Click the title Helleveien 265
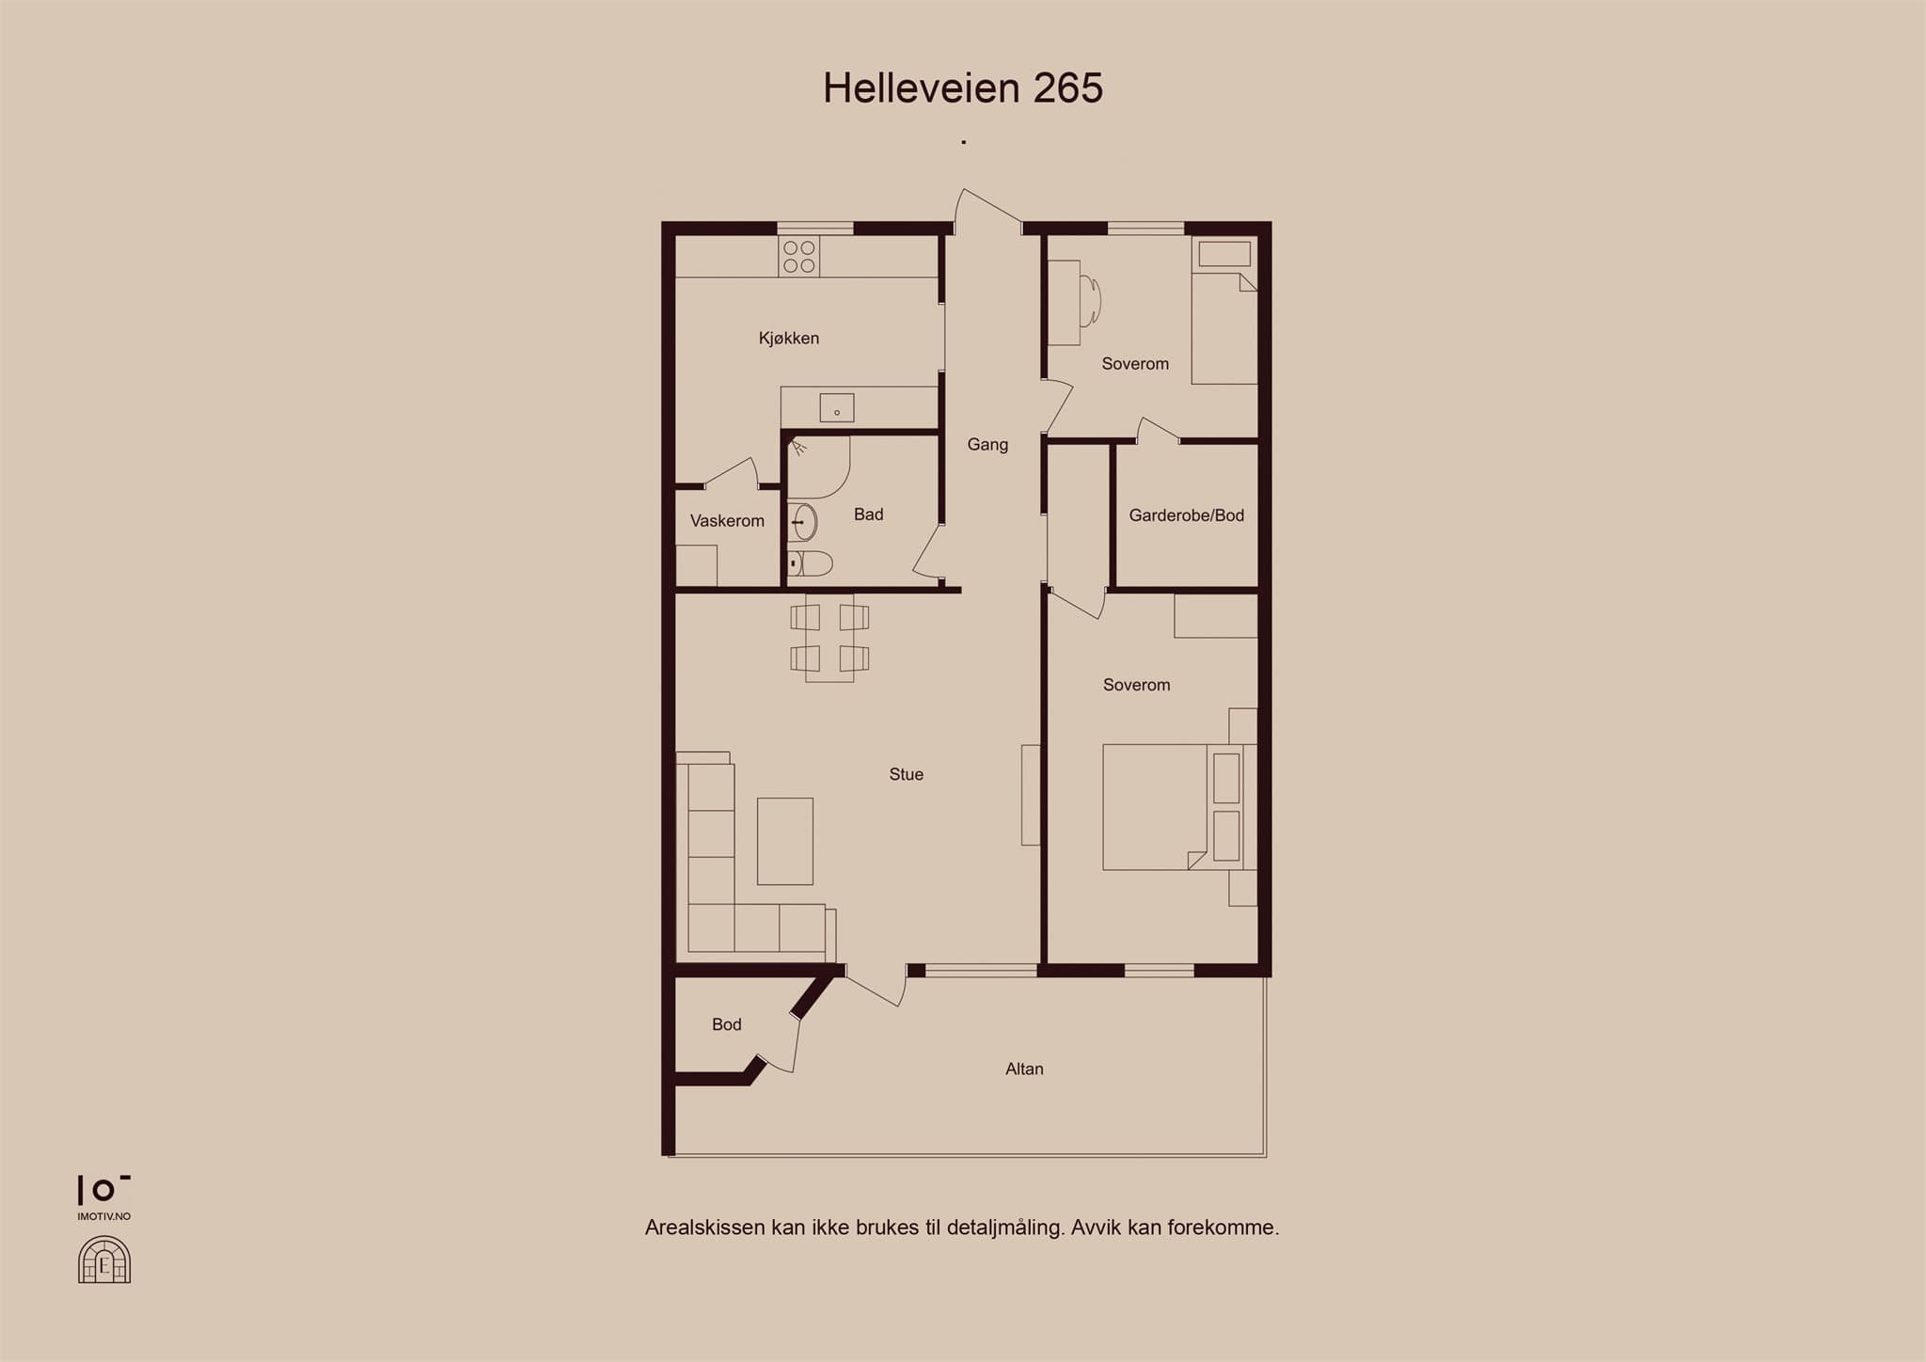coord(963,88)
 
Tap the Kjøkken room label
coord(789,339)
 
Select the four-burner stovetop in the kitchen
coord(799,256)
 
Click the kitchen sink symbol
coord(837,408)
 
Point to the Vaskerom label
coord(727,521)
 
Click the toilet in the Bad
coord(810,563)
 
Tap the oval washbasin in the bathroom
coord(802,522)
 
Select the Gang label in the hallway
coord(987,445)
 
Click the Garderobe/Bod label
coord(1187,515)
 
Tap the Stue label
coord(907,774)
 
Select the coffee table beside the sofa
coord(785,841)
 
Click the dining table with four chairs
coord(829,637)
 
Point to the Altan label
coord(1024,1069)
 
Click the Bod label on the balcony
coord(727,1024)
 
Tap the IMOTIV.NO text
coord(104,1216)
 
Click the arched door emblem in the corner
coord(104,1259)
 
